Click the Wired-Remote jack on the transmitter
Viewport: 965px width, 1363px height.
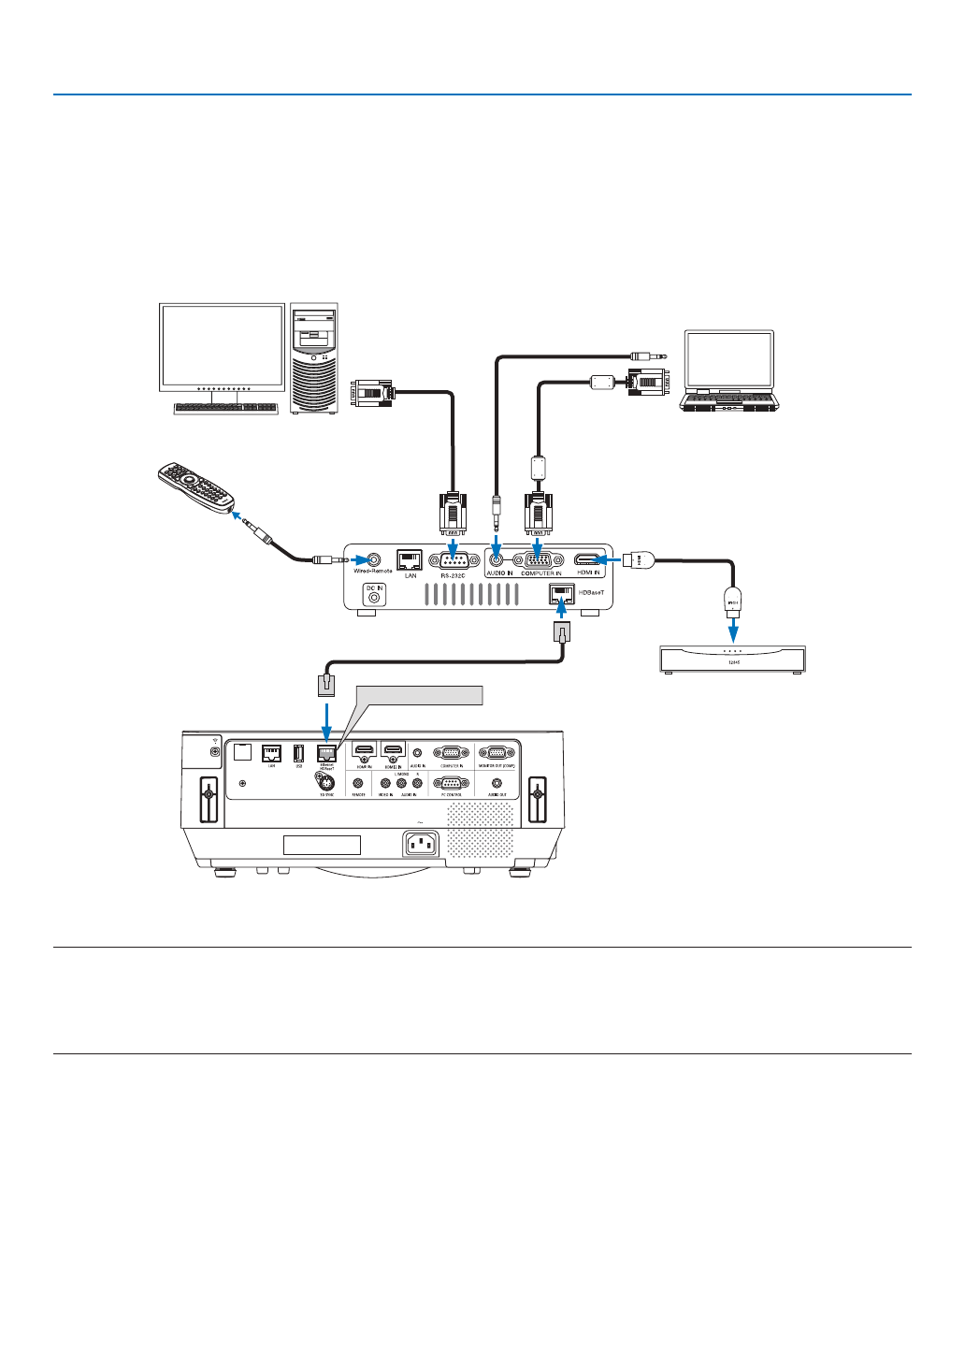pyautogui.click(x=374, y=558)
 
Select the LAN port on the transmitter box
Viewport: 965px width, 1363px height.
pyautogui.click(x=410, y=559)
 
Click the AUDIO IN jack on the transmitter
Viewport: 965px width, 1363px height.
pyautogui.click(x=496, y=559)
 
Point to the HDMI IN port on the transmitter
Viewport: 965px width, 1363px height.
pyautogui.click(x=587, y=559)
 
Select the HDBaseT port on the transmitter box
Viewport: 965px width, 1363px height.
pyautogui.click(x=562, y=593)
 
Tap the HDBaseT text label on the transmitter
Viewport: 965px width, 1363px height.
pyautogui.click(x=591, y=593)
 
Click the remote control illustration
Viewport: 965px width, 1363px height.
pyautogui.click(x=196, y=486)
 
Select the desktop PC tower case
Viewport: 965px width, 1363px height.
pyautogui.click(x=314, y=357)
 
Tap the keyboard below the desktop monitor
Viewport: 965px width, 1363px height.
pyautogui.click(x=225, y=409)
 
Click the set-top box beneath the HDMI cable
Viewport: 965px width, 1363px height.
pyautogui.click(x=732, y=660)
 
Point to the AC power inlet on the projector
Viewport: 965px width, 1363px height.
pyautogui.click(x=421, y=844)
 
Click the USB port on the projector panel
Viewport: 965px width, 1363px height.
pyautogui.click(x=298, y=752)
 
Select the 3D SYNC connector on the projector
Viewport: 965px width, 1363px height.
pyautogui.click(x=326, y=785)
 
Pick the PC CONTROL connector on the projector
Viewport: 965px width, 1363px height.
pyautogui.click(x=451, y=784)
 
